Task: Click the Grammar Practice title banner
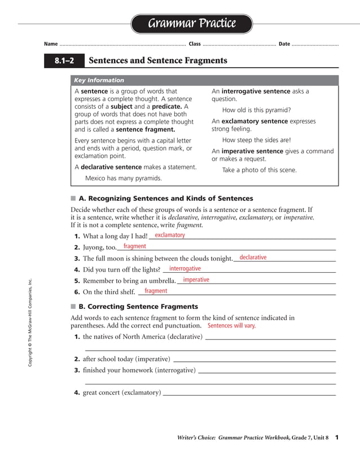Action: [x=192, y=24]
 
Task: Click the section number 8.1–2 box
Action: [x=64, y=60]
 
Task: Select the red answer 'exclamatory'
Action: [x=170, y=235]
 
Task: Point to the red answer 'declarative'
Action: [x=253, y=258]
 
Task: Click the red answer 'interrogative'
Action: [x=185, y=269]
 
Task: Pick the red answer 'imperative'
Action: [x=196, y=280]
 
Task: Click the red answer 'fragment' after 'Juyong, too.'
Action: [x=135, y=246]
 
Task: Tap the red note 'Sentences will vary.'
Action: [x=231, y=326]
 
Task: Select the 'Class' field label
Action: [x=195, y=44]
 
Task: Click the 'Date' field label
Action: [x=284, y=44]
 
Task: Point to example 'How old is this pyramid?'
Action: [x=257, y=110]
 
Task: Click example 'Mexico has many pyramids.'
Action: [x=124, y=178]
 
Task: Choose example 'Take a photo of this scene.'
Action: [x=259, y=170]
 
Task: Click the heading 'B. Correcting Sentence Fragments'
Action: [x=138, y=307]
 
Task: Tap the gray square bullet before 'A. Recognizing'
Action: [x=73, y=198]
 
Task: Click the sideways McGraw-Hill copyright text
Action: [x=30, y=324]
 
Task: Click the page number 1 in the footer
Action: [x=336, y=437]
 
